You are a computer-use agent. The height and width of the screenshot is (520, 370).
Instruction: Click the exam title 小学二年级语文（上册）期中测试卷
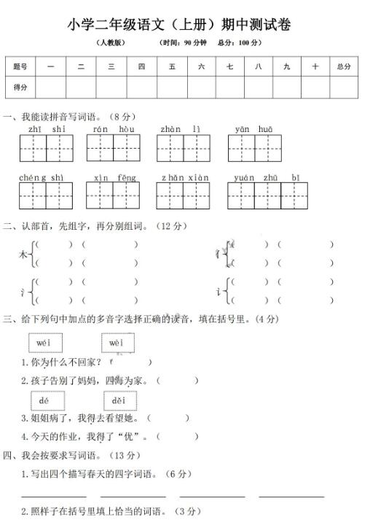tap(179, 25)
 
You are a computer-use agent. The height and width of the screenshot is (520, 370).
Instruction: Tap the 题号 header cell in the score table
tap(20, 66)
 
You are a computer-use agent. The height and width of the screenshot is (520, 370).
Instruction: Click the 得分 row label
tap(20, 87)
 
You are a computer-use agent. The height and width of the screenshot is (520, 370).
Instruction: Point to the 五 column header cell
tap(172, 66)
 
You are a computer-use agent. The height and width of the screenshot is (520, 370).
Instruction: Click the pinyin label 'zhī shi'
tap(47, 129)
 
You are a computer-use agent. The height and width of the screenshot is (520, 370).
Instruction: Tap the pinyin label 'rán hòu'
tap(114, 129)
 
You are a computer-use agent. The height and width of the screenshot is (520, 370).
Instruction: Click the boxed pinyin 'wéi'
tap(45, 343)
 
